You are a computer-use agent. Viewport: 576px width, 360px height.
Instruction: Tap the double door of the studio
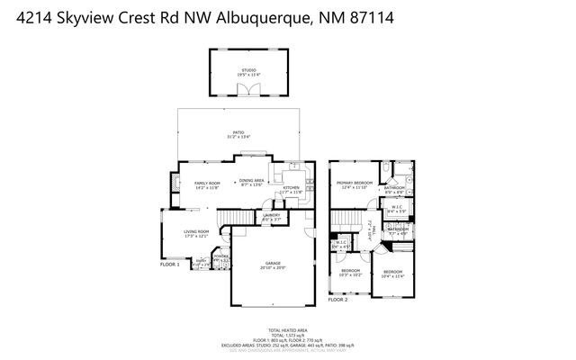pyautogui.click(x=247, y=88)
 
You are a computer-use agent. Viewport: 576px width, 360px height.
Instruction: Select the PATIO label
pyautogui.click(x=238, y=133)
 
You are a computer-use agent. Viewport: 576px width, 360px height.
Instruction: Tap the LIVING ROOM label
pyautogui.click(x=196, y=233)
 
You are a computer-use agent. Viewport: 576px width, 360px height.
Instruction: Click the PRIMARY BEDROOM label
pyautogui.click(x=355, y=184)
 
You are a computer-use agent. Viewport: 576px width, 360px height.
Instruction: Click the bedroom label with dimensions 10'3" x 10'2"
pyautogui.click(x=351, y=273)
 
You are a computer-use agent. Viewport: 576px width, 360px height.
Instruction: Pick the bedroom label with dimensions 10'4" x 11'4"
pyautogui.click(x=394, y=274)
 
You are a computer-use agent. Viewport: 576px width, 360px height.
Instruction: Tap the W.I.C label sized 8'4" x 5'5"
pyautogui.click(x=397, y=209)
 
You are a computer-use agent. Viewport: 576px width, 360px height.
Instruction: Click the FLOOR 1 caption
pyautogui.click(x=170, y=265)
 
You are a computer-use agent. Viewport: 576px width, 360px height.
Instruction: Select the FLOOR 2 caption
pyautogui.click(x=337, y=298)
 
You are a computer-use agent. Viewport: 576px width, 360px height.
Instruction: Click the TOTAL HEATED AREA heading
pyautogui.click(x=288, y=329)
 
